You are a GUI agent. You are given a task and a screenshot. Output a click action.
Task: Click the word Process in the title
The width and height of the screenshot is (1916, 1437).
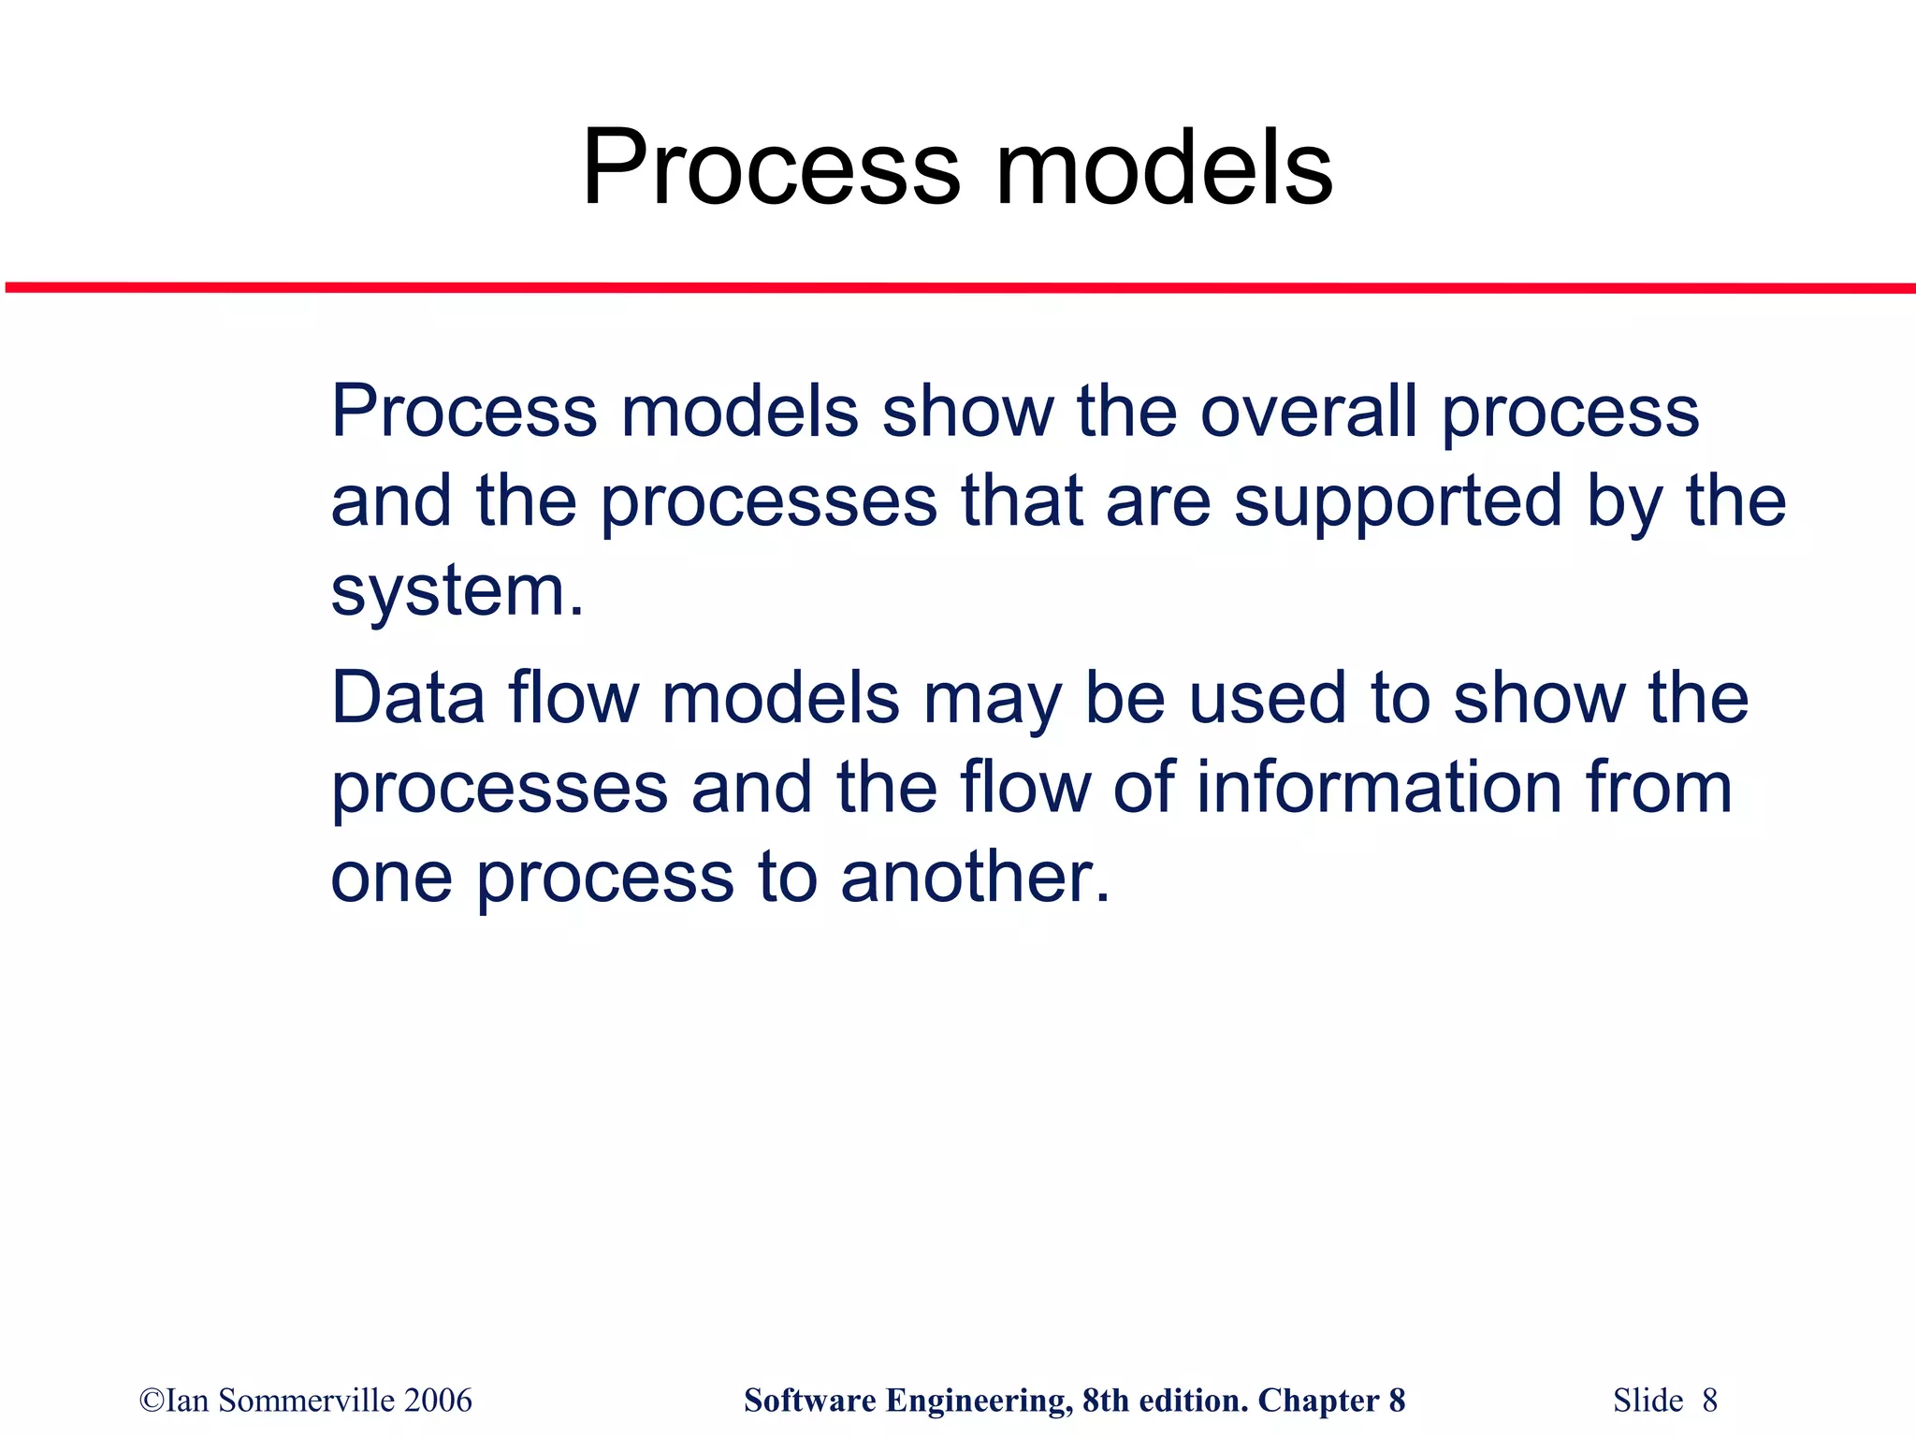(770, 169)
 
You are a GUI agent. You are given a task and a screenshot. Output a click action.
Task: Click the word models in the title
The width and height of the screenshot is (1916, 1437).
(1164, 169)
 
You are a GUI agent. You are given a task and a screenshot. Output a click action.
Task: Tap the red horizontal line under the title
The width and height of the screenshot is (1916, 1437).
(958, 288)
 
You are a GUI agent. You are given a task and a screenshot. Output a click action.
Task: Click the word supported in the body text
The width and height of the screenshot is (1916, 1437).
(1398, 502)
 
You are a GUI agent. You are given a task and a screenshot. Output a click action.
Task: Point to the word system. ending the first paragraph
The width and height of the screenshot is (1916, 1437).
(457, 592)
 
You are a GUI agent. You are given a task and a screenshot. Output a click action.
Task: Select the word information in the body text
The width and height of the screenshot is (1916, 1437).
(1380, 788)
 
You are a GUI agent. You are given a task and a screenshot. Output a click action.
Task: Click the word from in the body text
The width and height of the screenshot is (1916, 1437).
(1659, 788)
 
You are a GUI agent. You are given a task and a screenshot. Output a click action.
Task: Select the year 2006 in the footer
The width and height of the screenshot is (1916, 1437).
(439, 1401)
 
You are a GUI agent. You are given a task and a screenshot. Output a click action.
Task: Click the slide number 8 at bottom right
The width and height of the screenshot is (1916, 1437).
(1709, 1401)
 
